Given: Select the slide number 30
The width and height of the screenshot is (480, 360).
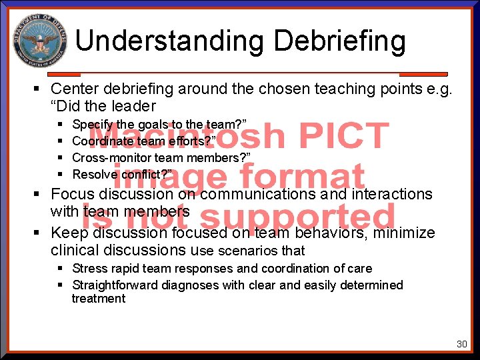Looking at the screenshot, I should click(461, 344).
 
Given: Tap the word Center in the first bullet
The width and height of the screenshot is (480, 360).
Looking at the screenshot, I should click(75, 89).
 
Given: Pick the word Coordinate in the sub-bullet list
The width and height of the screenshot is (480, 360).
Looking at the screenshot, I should click(100, 141).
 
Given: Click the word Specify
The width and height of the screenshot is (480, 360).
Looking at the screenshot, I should click(93, 125).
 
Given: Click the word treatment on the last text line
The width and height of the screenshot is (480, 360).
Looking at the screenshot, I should click(99, 299).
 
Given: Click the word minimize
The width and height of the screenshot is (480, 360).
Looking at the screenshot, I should click(404, 233).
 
